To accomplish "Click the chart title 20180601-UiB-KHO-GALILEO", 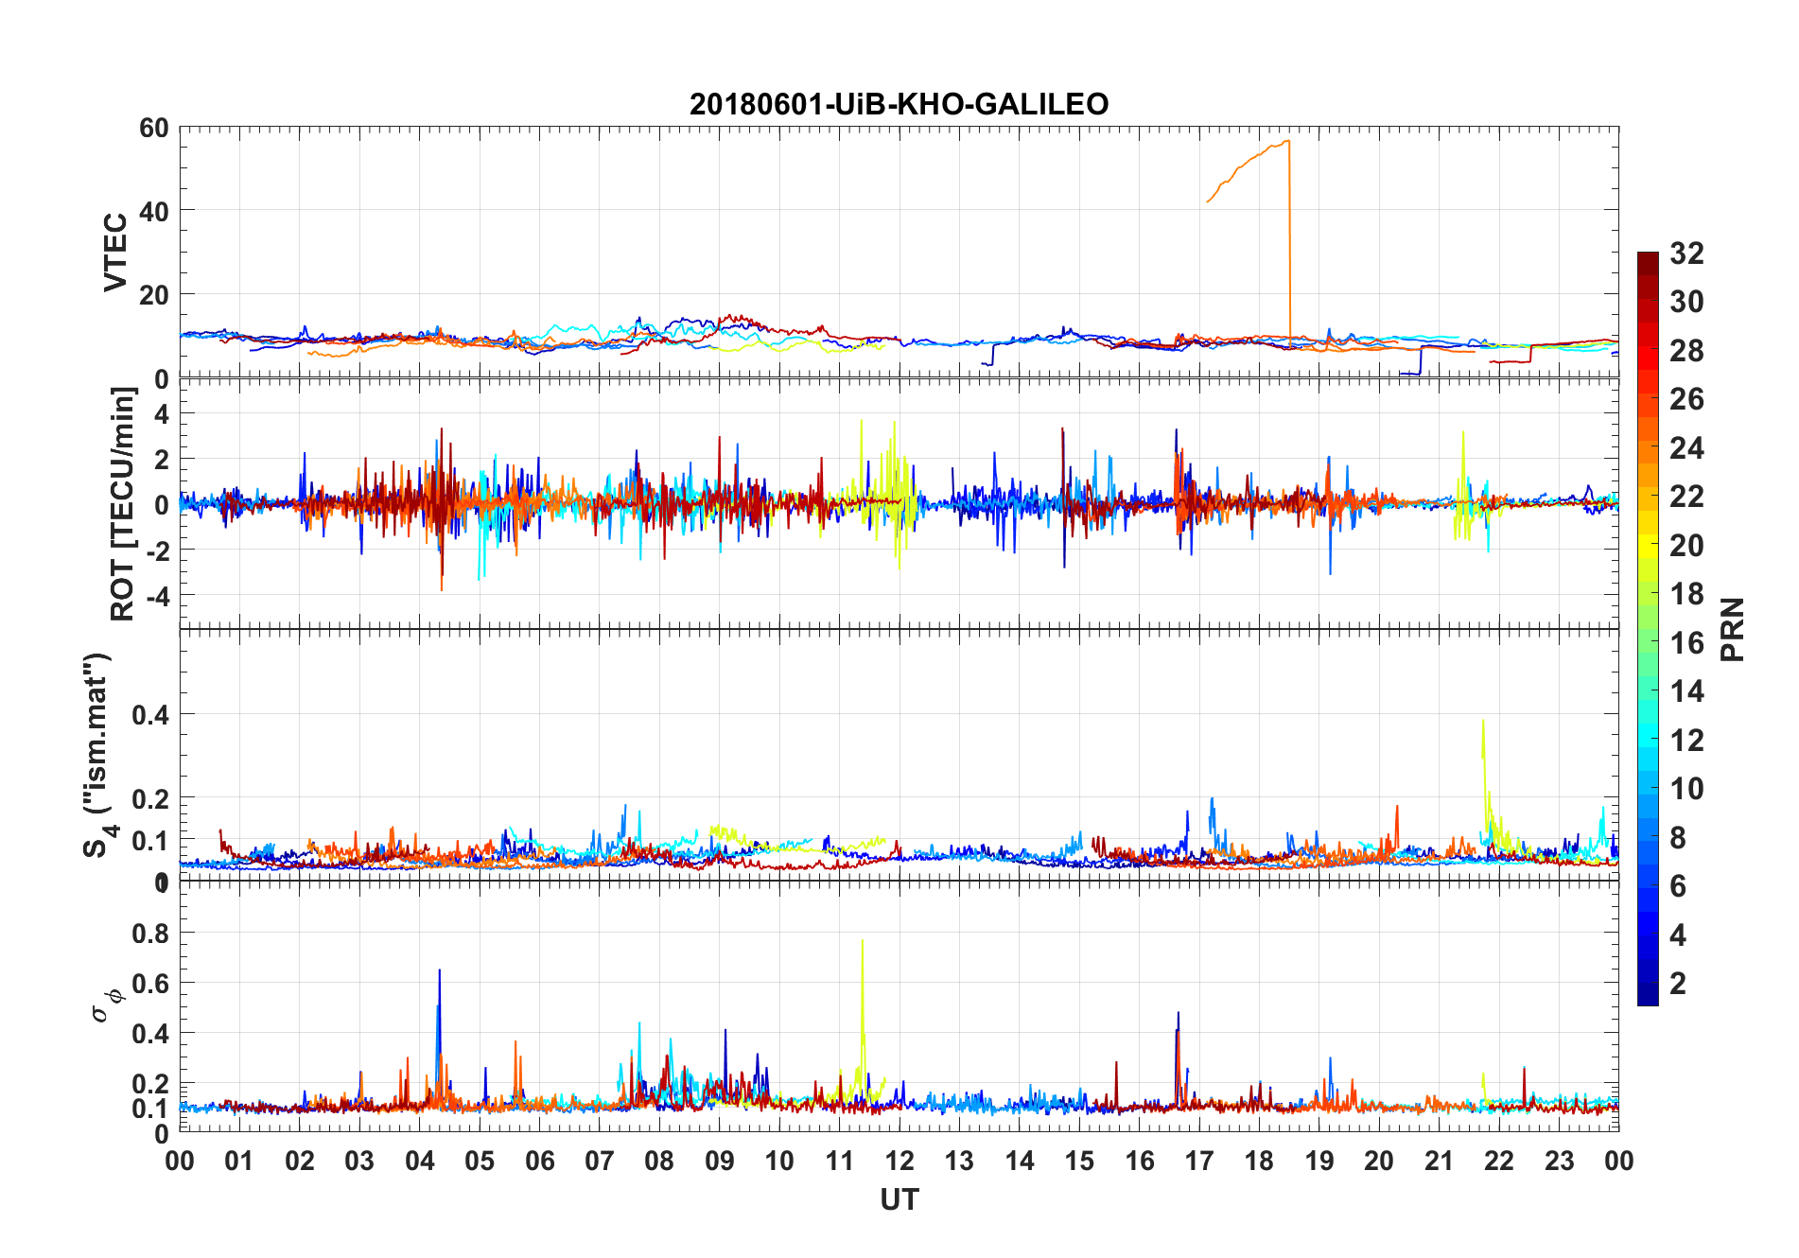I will (899, 104).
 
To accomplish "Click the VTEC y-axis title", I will (115, 253).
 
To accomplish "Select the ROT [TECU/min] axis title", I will (123, 503).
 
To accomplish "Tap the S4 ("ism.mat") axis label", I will (98, 755).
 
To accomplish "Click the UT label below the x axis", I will (899, 1199).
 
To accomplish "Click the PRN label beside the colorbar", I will (1733, 629).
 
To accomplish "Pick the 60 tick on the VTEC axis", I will (153, 128).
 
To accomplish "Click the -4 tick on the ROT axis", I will (157, 595).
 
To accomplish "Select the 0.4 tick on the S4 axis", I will (150, 715).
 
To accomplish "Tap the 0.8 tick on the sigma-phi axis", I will (150, 933).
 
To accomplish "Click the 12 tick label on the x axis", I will (899, 1161).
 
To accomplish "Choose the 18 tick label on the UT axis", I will (1259, 1161).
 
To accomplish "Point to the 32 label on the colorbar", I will (1686, 253).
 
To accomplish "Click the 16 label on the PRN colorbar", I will (1686, 643).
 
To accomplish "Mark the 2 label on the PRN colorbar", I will (1678, 984).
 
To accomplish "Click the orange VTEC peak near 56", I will (1286, 142).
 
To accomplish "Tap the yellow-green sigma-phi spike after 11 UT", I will (863, 942).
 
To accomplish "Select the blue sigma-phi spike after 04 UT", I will (439, 971).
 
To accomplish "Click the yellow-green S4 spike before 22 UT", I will (1483, 722).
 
